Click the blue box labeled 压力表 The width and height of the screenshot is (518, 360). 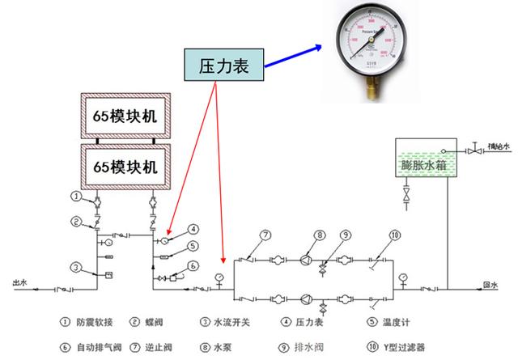(223, 66)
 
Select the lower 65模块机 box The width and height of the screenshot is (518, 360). (124, 167)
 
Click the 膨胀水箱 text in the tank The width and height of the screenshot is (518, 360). (423, 164)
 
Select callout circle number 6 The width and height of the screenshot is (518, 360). (194, 266)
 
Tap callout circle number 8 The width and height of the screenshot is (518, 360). (321, 235)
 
